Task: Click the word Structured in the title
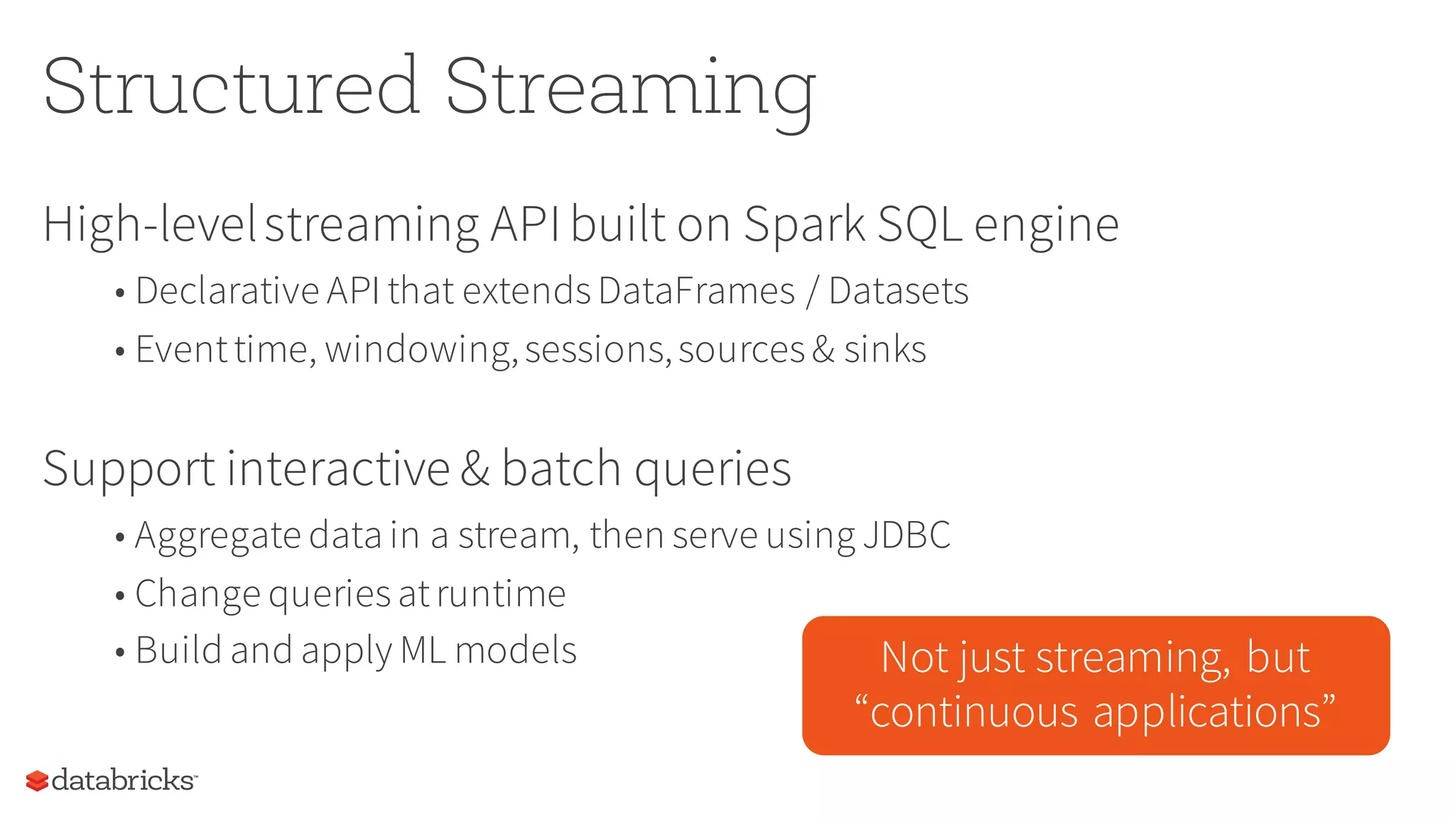tap(232, 87)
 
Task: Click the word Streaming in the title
tap(630, 89)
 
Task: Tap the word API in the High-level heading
tap(525, 224)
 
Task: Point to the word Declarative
tap(227, 291)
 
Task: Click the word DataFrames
tap(696, 291)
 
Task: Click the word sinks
tap(885, 349)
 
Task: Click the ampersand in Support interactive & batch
tap(475, 469)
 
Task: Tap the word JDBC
tap(907, 535)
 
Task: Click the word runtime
tap(501, 594)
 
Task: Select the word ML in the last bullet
tap(423, 650)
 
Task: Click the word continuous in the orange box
tap(974, 712)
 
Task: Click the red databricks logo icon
tap(37, 781)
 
